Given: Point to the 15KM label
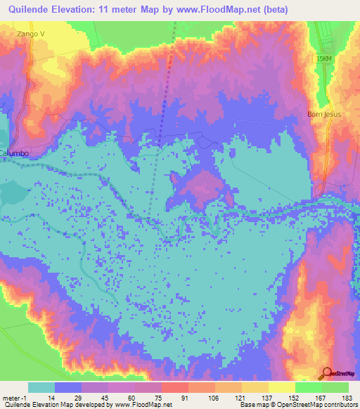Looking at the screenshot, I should click(x=323, y=60).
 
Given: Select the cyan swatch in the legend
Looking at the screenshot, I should click(x=41, y=387).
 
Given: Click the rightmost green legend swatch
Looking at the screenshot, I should click(x=335, y=387).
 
